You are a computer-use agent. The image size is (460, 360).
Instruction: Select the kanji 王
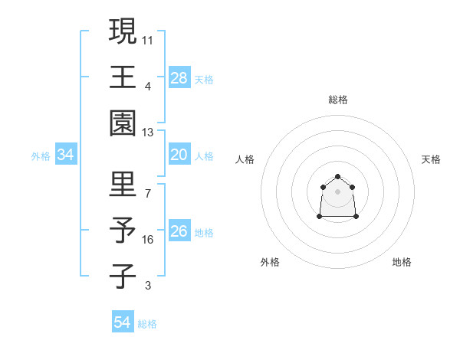123,77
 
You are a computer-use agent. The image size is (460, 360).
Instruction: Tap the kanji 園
123,123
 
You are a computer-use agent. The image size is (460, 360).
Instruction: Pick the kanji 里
123,184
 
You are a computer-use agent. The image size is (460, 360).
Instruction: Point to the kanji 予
123,231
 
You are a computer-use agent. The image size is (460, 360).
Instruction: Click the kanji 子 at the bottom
123,277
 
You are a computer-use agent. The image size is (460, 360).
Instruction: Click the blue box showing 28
179,77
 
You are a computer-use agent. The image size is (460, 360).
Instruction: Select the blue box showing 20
179,155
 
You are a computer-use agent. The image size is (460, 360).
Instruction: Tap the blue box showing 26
179,231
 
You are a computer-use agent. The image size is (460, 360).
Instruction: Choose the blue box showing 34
66,155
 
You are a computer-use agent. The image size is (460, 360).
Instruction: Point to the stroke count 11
148,39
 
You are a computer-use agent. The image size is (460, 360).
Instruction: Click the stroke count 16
148,240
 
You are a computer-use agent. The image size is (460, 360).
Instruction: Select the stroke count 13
148,133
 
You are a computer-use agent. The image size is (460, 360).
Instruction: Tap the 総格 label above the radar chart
338,100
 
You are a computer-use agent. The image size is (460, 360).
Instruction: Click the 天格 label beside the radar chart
432,159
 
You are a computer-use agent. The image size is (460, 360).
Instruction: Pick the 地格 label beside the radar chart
402,262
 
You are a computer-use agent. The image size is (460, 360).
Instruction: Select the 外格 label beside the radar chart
270,262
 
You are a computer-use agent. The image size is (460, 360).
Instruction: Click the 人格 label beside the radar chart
245,159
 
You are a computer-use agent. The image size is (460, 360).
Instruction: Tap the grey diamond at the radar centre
338,191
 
